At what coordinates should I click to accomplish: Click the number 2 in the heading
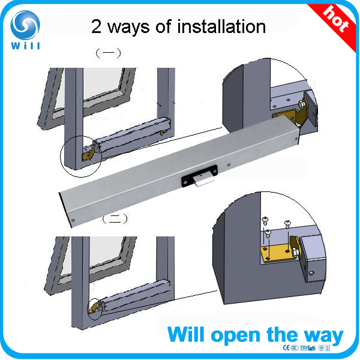pos(97,26)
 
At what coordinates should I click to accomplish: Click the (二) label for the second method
pos(112,220)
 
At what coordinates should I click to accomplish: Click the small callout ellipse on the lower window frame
pos(95,307)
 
